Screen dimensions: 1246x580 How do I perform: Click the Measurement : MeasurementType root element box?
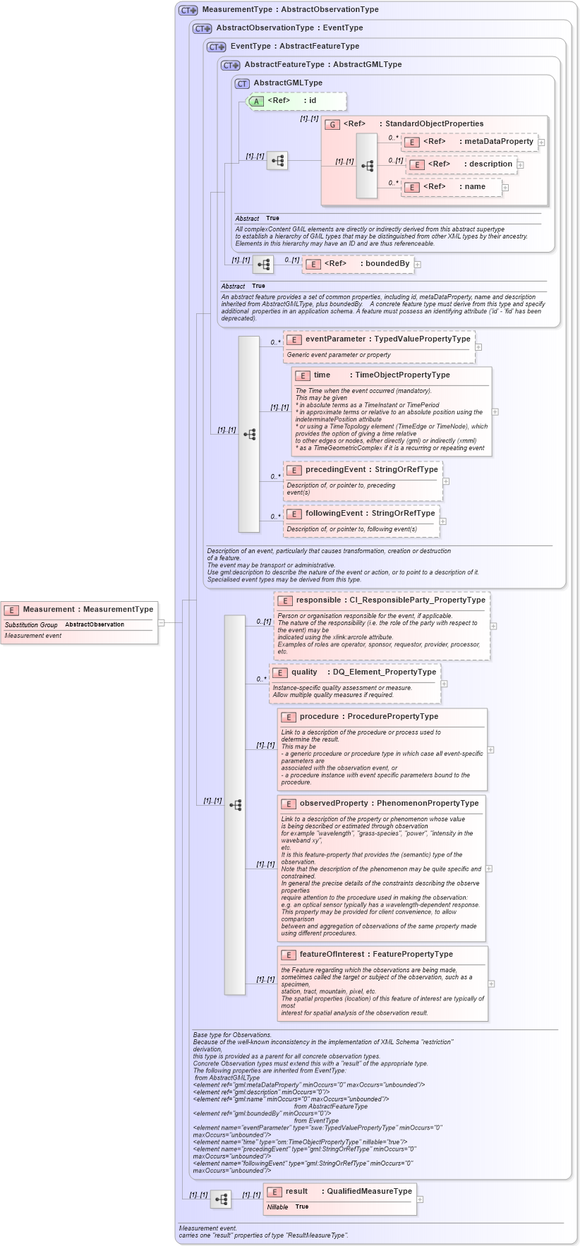(x=79, y=610)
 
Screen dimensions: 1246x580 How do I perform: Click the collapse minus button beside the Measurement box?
(x=162, y=622)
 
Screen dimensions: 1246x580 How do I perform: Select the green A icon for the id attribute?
(x=257, y=101)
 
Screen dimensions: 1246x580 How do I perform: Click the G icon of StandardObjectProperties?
(x=332, y=124)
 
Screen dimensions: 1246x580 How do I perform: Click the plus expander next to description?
(x=521, y=164)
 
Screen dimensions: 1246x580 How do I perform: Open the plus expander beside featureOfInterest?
(x=491, y=984)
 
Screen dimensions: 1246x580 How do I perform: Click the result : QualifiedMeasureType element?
(x=339, y=1192)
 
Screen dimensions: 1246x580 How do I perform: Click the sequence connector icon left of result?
(x=221, y=1199)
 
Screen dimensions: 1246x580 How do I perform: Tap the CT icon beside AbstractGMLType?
(x=243, y=83)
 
